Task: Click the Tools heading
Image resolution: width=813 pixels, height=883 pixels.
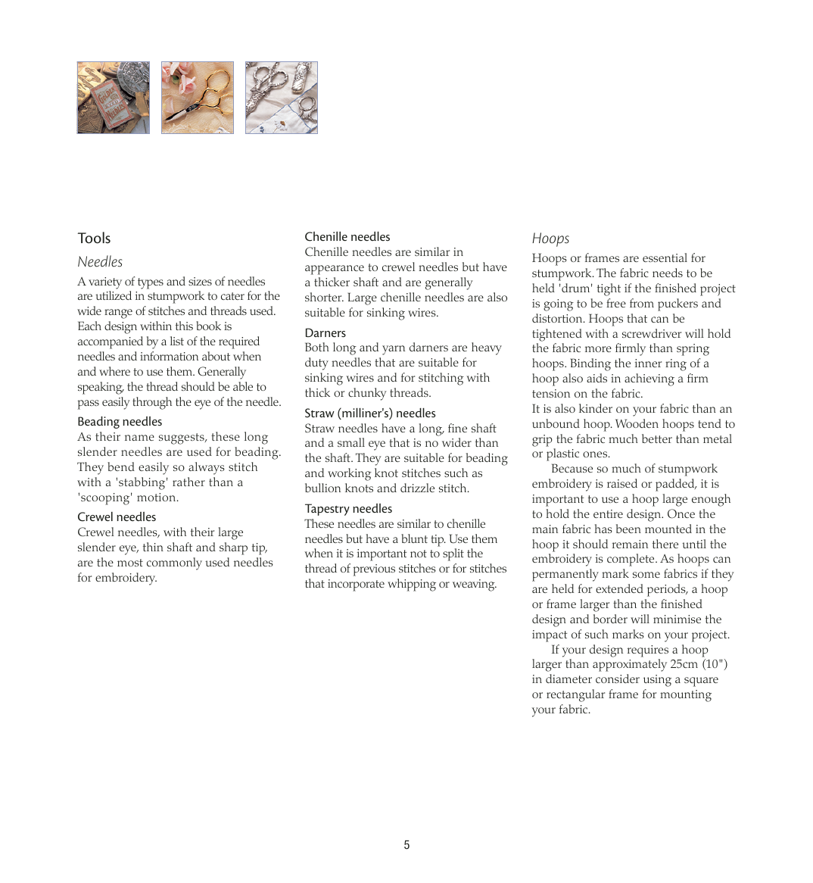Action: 94,239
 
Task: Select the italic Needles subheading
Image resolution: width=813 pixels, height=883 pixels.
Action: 100,262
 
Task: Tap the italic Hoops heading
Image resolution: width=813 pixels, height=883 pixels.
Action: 550,239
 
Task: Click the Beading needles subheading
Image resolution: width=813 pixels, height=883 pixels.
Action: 120,422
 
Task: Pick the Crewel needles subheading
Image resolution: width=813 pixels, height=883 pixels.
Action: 117,517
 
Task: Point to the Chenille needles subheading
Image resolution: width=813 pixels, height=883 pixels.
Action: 347,237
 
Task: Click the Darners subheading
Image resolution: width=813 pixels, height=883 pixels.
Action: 326,333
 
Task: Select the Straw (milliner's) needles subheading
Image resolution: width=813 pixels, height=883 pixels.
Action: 370,413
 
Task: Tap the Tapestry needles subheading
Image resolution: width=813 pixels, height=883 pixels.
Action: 348,509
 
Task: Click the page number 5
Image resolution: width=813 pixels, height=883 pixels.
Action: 406,845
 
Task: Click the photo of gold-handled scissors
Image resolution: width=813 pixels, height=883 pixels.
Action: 198,98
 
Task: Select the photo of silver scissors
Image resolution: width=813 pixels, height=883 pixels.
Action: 282,98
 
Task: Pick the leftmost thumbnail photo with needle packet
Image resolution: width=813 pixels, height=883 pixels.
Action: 114,98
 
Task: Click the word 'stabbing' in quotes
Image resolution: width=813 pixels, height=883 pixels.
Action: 142,482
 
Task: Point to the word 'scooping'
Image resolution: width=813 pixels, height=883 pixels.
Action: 103,498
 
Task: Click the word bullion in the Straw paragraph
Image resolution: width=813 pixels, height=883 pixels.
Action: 324,488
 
